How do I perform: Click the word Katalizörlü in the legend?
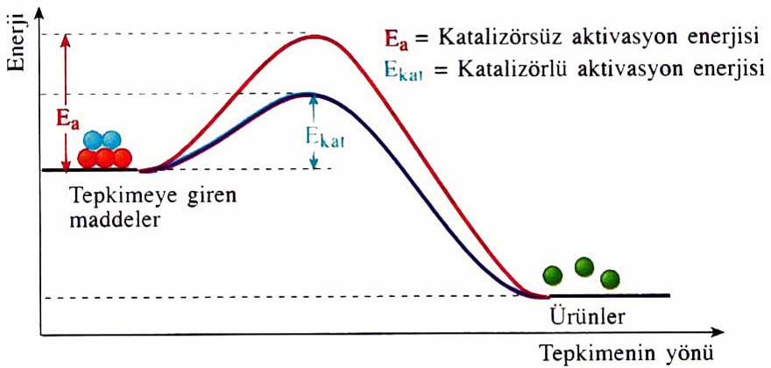507,70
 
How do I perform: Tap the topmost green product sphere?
584,266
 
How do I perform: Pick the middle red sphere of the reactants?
105,158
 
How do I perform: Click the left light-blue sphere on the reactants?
94,139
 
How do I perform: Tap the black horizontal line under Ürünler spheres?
613,295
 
